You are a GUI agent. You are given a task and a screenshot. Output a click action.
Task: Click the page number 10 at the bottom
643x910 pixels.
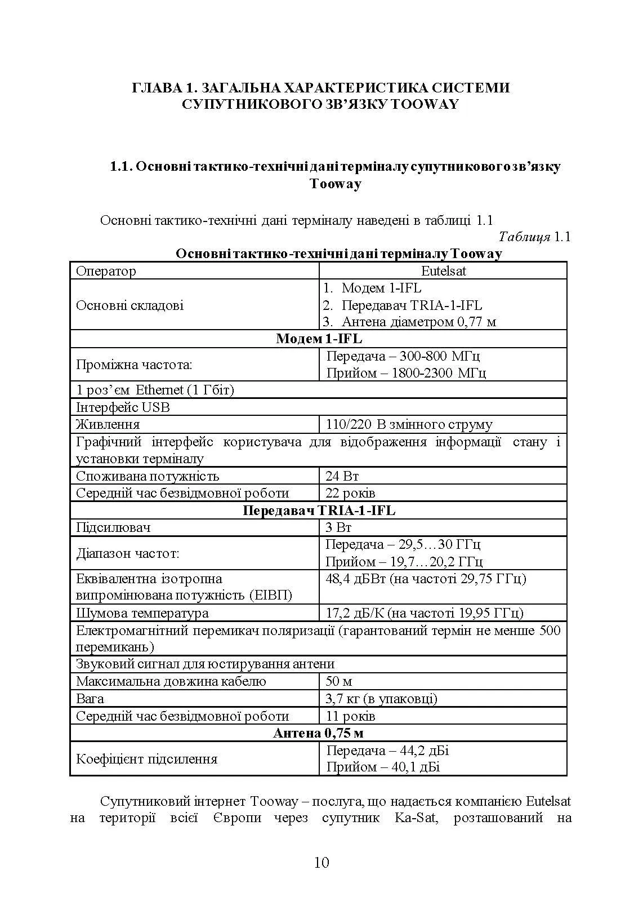point(321,863)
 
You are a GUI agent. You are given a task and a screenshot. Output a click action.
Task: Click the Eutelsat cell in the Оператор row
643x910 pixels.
point(443,271)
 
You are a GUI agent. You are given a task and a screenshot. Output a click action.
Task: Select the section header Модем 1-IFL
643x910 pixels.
point(319,339)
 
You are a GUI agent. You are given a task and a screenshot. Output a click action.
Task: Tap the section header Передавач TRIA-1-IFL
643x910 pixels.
point(319,511)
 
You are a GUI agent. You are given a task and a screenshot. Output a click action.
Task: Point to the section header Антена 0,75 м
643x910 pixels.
point(319,733)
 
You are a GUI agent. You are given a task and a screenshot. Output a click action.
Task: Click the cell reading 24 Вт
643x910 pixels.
point(342,476)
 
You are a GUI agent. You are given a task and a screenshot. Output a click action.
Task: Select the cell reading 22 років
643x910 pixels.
point(350,493)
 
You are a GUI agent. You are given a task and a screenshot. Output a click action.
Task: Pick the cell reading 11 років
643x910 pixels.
point(350,716)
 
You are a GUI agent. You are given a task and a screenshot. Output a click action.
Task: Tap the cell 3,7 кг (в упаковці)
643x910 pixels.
point(381,699)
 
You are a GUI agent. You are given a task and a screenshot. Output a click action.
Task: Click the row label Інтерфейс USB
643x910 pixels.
point(123,407)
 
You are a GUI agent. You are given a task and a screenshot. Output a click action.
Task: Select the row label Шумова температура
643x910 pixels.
point(142,613)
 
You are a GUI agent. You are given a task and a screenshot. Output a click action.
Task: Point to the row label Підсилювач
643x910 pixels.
point(113,527)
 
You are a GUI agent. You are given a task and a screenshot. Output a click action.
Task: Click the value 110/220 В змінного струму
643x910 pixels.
point(409,424)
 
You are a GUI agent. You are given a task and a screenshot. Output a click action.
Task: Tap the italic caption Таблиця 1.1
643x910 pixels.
point(534,237)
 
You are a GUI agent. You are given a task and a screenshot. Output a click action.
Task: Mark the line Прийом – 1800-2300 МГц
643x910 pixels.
point(405,373)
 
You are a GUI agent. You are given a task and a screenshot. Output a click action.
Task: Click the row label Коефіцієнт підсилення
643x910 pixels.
point(146,758)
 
